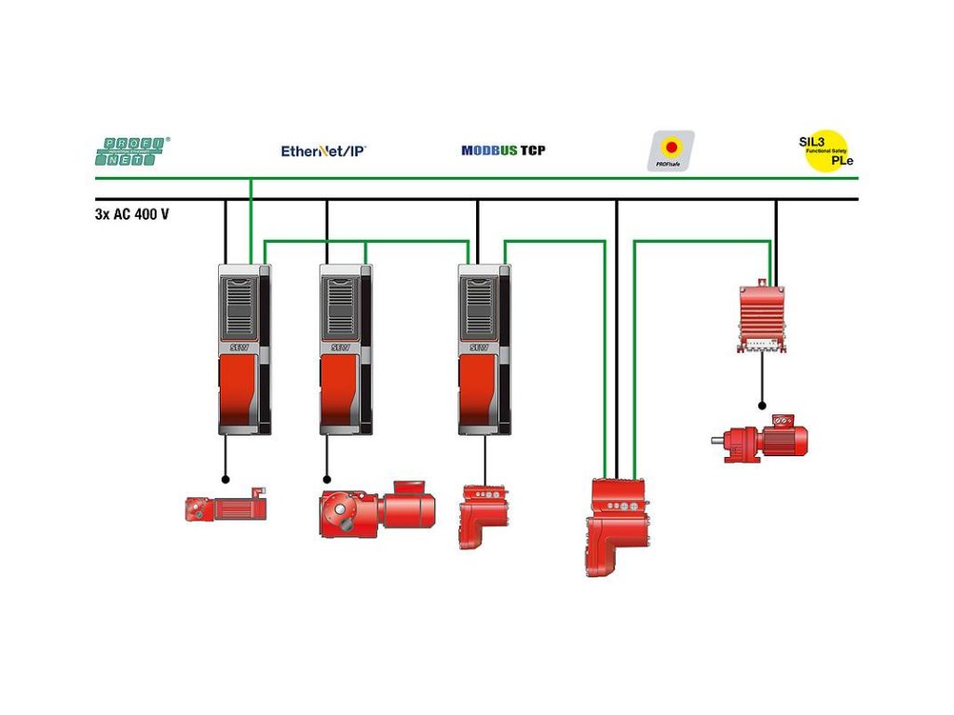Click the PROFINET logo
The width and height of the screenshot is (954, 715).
[x=133, y=152]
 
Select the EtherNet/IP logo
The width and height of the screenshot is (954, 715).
[x=323, y=150]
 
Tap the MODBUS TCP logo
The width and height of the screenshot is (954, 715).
[x=503, y=150]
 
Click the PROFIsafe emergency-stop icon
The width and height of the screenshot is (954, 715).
[x=671, y=150]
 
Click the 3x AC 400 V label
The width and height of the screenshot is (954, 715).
[x=132, y=213]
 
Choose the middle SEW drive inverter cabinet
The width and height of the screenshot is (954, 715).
[x=346, y=349]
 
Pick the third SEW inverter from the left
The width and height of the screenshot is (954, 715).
[x=484, y=349]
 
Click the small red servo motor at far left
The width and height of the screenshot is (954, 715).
[x=225, y=507]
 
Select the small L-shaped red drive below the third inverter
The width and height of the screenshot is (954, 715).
[x=482, y=515]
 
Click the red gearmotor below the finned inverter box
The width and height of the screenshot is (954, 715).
[x=760, y=442]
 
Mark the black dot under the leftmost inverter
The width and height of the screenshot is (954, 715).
[x=225, y=479]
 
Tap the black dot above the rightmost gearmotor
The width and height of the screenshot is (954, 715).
[x=762, y=406]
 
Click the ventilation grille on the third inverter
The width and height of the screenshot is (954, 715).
[x=480, y=307]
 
